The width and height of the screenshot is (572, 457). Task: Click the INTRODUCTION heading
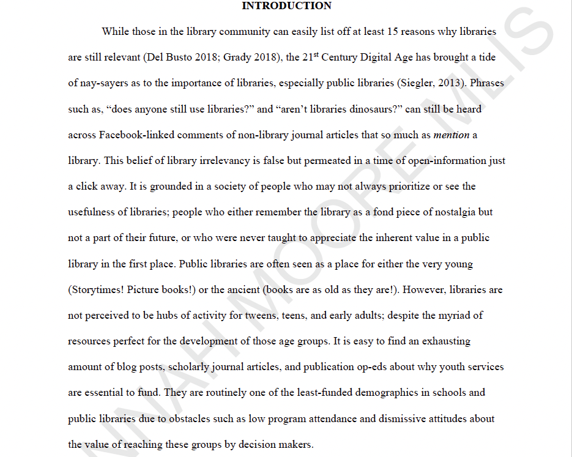pyautogui.click(x=286, y=6)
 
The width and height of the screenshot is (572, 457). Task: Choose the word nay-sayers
pyautogui.click(x=108, y=83)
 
